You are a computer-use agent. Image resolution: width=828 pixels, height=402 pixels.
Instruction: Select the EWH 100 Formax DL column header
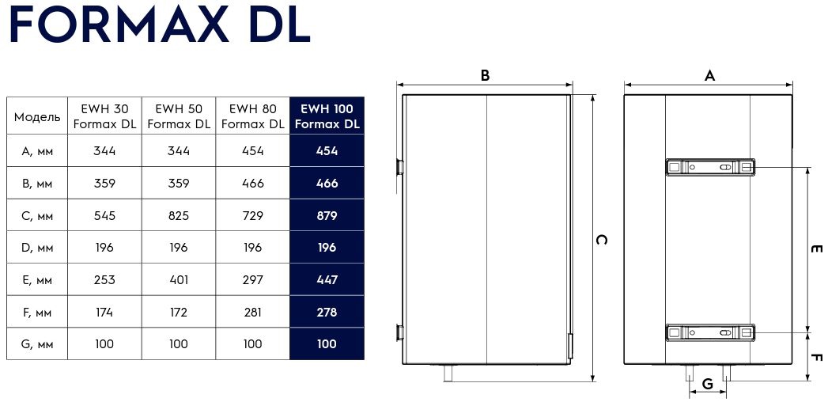coord(327,116)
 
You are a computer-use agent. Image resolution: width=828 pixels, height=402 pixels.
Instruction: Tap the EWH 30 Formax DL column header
coord(104,116)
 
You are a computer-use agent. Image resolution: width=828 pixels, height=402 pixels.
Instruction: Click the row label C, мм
coord(37,216)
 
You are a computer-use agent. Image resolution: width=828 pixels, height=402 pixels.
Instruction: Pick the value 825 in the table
coord(179,215)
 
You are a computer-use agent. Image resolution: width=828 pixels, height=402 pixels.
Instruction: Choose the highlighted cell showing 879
coord(327,215)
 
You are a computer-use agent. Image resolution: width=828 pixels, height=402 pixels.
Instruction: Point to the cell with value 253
coord(104,279)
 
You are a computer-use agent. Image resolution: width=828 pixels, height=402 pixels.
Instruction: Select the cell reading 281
coord(253,313)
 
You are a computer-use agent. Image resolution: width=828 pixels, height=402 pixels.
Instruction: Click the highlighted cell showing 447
coord(327,279)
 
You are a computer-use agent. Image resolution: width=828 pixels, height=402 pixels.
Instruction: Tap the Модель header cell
coord(37,117)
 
